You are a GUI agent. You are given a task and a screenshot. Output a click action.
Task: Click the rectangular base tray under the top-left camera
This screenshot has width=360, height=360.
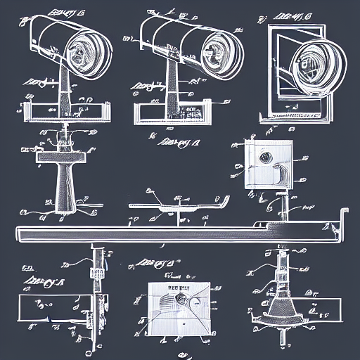(63, 111)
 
